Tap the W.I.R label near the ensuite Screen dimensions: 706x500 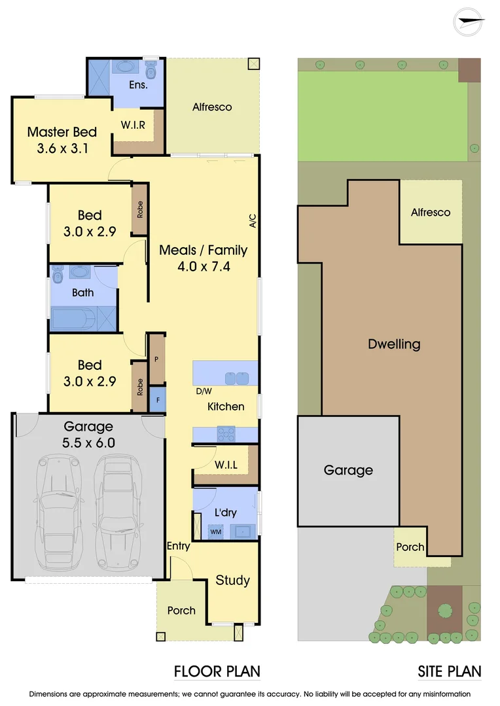click(x=133, y=125)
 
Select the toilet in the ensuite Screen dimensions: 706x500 click(x=151, y=69)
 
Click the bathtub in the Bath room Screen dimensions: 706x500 click(x=73, y=318)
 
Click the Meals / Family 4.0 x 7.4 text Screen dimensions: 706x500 click(x=204, y=258)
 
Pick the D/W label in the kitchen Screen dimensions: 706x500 click(x=203, y=392)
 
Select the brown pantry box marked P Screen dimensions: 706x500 click(x=157, y=359)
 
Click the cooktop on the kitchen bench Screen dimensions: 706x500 click(x=226, y=433)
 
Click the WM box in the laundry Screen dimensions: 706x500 click(x=215, y=532)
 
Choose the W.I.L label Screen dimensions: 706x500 click(x=226, y=465)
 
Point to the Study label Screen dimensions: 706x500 click(x=233, y=580)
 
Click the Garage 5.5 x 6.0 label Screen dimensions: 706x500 click(x=88, y=435)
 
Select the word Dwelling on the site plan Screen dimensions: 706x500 click(x=394, y=344)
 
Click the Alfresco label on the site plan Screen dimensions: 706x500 click(x=431, y=212)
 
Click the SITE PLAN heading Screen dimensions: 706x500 click(x=449, y=671)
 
